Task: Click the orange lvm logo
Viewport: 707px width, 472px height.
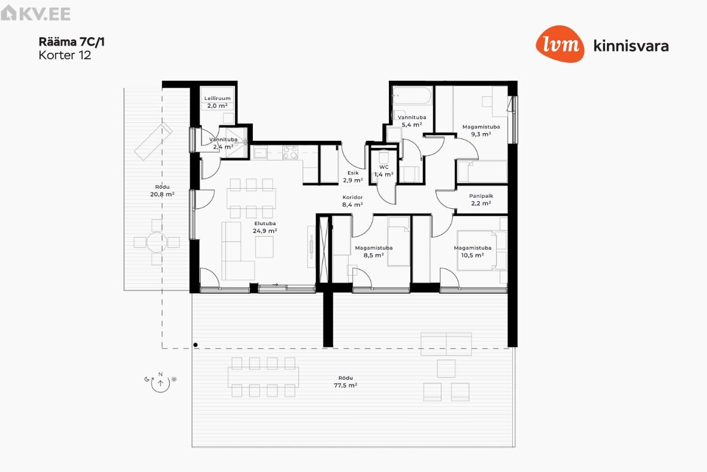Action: [x=560, y=44]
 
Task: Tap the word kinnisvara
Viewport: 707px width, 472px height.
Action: [x=631, y=46]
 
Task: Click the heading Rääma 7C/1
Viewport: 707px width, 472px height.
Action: [x=72, y=42]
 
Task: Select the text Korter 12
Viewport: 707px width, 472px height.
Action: [x=65, y=56]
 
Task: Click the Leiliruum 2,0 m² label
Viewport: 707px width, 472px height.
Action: [x=217, y=102]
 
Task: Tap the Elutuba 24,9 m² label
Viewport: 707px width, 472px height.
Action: [x=265, y=227]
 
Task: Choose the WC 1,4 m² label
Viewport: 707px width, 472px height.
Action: [x=383, y=171]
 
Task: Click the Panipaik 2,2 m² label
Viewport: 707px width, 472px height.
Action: [x=481, y=199]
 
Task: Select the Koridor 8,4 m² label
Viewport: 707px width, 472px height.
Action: [x=352, y=201]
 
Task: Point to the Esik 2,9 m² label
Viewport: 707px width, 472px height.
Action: [x=353, y=177]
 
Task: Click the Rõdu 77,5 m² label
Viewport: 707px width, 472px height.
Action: [x=345, y=382]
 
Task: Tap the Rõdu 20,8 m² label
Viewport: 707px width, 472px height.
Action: [x=162, y=190]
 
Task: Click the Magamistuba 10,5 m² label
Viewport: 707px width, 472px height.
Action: [x=473, y=252]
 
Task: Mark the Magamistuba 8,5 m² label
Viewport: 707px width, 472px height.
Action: [x=374, y=252]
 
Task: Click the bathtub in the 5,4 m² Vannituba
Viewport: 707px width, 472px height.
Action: [x=412, y=96]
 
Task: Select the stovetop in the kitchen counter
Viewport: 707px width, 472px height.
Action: [x=290, y=153]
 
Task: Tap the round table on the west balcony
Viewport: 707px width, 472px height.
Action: [x=156, y=243]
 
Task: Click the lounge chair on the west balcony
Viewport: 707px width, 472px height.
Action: [x=154, y=141]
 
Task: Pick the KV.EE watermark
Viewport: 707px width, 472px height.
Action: [x=35, y=13]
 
